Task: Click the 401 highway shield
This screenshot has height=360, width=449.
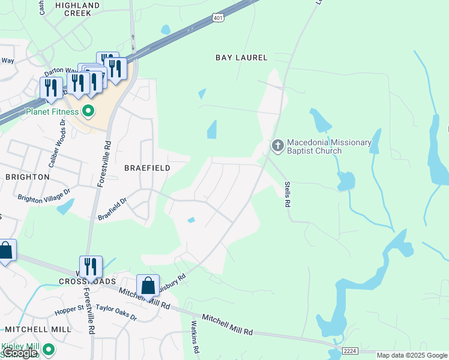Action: pos(217,19)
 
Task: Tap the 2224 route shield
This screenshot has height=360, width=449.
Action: pos(351,350)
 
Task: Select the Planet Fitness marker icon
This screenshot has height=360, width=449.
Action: pos(88,111)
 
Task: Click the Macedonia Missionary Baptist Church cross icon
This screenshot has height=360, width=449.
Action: pos(277,145)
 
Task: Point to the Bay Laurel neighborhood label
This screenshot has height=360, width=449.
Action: pos(241,58)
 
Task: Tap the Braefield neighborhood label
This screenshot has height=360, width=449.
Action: pos(147,168)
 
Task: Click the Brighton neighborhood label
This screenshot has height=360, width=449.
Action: pos(27,177)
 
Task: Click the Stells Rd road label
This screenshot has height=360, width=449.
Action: pos(287,194)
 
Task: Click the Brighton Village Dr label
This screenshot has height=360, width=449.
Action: pos(44,196)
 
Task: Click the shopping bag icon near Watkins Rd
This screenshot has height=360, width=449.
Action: pos(148,286)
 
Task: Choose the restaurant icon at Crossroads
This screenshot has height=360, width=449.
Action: pos(91,267)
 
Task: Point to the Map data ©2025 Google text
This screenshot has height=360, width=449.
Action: pos(411,355)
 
